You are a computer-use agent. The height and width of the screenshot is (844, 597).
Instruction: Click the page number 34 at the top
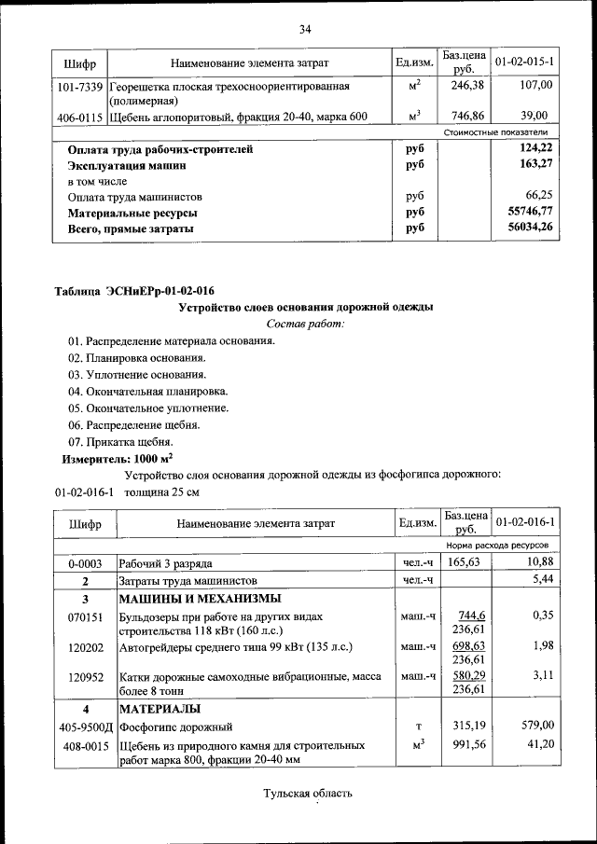[304, 30]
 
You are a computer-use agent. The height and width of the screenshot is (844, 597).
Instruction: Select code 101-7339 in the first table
[79, 86]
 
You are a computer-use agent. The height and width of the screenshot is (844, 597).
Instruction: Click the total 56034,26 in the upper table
[530, 228]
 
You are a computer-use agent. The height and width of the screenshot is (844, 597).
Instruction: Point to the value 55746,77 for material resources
[530, 213]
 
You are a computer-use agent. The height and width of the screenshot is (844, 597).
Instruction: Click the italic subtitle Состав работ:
[305, 324]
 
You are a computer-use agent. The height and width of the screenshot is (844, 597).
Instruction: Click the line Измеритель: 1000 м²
[117, 459]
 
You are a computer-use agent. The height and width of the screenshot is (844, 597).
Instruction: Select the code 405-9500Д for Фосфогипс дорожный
[84, 725]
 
